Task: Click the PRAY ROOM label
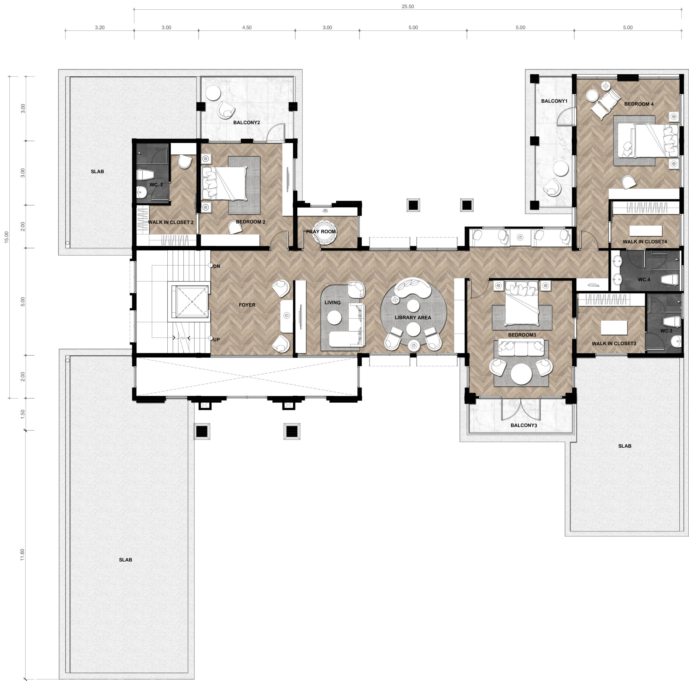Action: tap(321, 231)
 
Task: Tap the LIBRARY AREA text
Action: tap(413, 318)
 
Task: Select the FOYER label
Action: tap(247, 305)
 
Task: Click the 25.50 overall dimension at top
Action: tap(408, 6)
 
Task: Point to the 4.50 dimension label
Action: tap(247, 27)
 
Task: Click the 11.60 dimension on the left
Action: tap(22, 555)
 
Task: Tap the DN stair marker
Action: tap(216, 266)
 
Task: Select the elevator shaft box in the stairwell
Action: tap(192, 302)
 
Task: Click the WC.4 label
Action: tap(644, 279)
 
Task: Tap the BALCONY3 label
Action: tap(523, 425)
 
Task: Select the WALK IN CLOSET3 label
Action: tap(614, 343)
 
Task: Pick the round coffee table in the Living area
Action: tap(334, 318)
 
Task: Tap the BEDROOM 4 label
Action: tap(639, 104)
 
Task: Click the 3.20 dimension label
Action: tap(100, 27)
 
